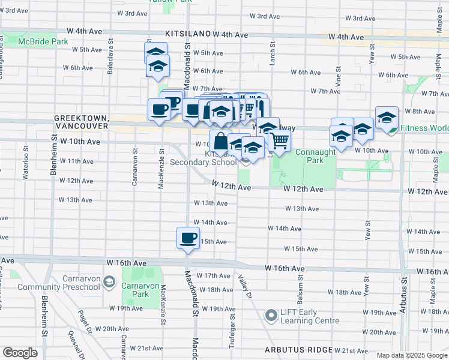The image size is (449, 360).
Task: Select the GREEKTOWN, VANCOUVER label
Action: coord(80,123)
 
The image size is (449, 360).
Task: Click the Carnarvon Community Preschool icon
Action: coord(109,281)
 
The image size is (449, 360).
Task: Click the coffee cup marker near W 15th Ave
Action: coord(188,238)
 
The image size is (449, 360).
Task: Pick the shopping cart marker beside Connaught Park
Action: coord(280,141)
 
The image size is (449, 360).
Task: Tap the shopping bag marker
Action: coord(220,141)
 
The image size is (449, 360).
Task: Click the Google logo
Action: coord(20,353)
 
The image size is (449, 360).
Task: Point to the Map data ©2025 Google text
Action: coord(412,355)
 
